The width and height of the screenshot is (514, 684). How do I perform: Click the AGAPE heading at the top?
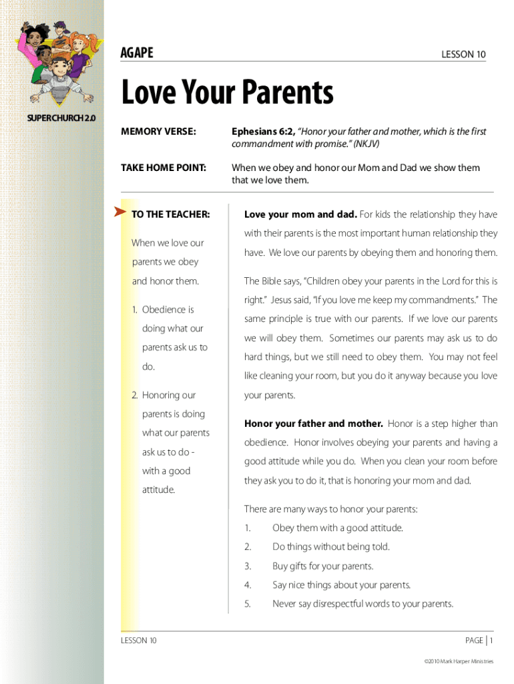[137, 53]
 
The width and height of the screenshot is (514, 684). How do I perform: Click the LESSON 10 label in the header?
[463, 55]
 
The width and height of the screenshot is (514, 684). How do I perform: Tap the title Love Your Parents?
[226, 93]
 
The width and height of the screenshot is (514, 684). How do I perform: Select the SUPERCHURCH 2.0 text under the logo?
[61, 118]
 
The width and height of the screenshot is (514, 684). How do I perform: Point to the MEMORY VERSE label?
[158, 132]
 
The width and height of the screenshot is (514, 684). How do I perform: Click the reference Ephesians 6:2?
[262, 132]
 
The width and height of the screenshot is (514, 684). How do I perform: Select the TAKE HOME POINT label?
[163, 168]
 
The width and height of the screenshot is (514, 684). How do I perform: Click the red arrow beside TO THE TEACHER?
[120, 212]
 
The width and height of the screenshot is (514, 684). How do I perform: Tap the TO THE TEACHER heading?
[171, 214]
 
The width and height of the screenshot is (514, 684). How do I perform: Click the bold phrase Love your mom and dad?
[300, 214]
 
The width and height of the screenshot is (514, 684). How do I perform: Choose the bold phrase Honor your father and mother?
[314, 423]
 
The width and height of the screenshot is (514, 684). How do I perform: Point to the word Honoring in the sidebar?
[169, 395]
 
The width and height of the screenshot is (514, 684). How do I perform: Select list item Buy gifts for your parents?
[323, 566]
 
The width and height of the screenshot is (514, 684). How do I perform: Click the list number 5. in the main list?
[248, 604]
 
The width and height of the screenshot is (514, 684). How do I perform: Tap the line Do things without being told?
[330, 547]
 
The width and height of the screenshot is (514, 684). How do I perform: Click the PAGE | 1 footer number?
[479, 641]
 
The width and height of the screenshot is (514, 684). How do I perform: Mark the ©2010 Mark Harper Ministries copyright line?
[459, 661]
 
